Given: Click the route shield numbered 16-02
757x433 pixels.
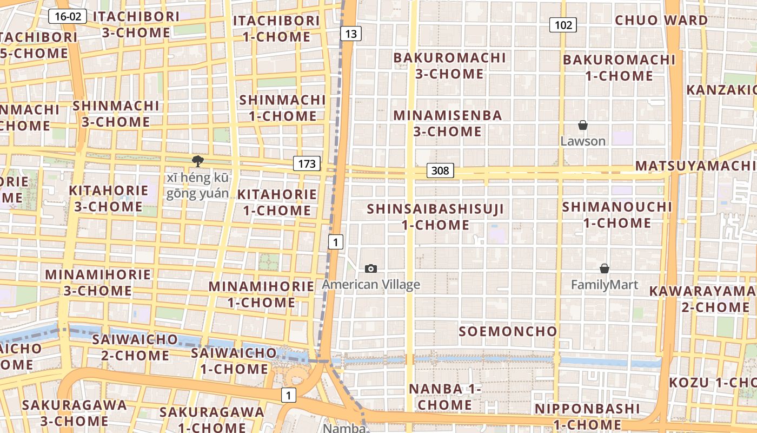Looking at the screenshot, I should (68, 16).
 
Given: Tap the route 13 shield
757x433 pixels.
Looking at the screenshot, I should (351, 34).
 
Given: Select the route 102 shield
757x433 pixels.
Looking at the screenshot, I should (563, 24).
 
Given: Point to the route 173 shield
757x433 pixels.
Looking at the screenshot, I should (307, 163).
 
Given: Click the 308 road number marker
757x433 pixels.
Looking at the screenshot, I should (440, 170).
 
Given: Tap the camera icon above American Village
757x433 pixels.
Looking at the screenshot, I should (371, 268).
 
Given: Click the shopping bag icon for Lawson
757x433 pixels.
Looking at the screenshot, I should (582, 126).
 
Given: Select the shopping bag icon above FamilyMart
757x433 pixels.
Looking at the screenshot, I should (605, 268).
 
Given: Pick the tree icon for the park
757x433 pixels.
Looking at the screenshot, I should (197, 161).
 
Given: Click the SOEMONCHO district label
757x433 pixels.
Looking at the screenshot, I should (508, 331).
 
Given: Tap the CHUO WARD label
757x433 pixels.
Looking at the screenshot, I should (661, 21).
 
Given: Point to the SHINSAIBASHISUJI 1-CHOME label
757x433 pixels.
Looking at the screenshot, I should (435, 216).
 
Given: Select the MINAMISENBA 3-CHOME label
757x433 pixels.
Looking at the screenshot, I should (448, 123).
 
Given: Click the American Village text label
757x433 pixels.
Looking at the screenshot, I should (371, 285).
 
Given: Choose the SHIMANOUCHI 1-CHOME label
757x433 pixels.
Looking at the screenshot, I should (617, 214).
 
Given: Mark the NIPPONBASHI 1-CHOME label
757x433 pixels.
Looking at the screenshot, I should (587, 416).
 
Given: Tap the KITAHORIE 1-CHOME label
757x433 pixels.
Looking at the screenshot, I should (277, 202).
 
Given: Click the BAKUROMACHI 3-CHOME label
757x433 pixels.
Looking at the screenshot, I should (449, 65).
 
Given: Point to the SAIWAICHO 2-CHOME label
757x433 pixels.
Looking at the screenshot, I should (135, 347).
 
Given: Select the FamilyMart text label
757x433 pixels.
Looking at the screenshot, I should (605, 285).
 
